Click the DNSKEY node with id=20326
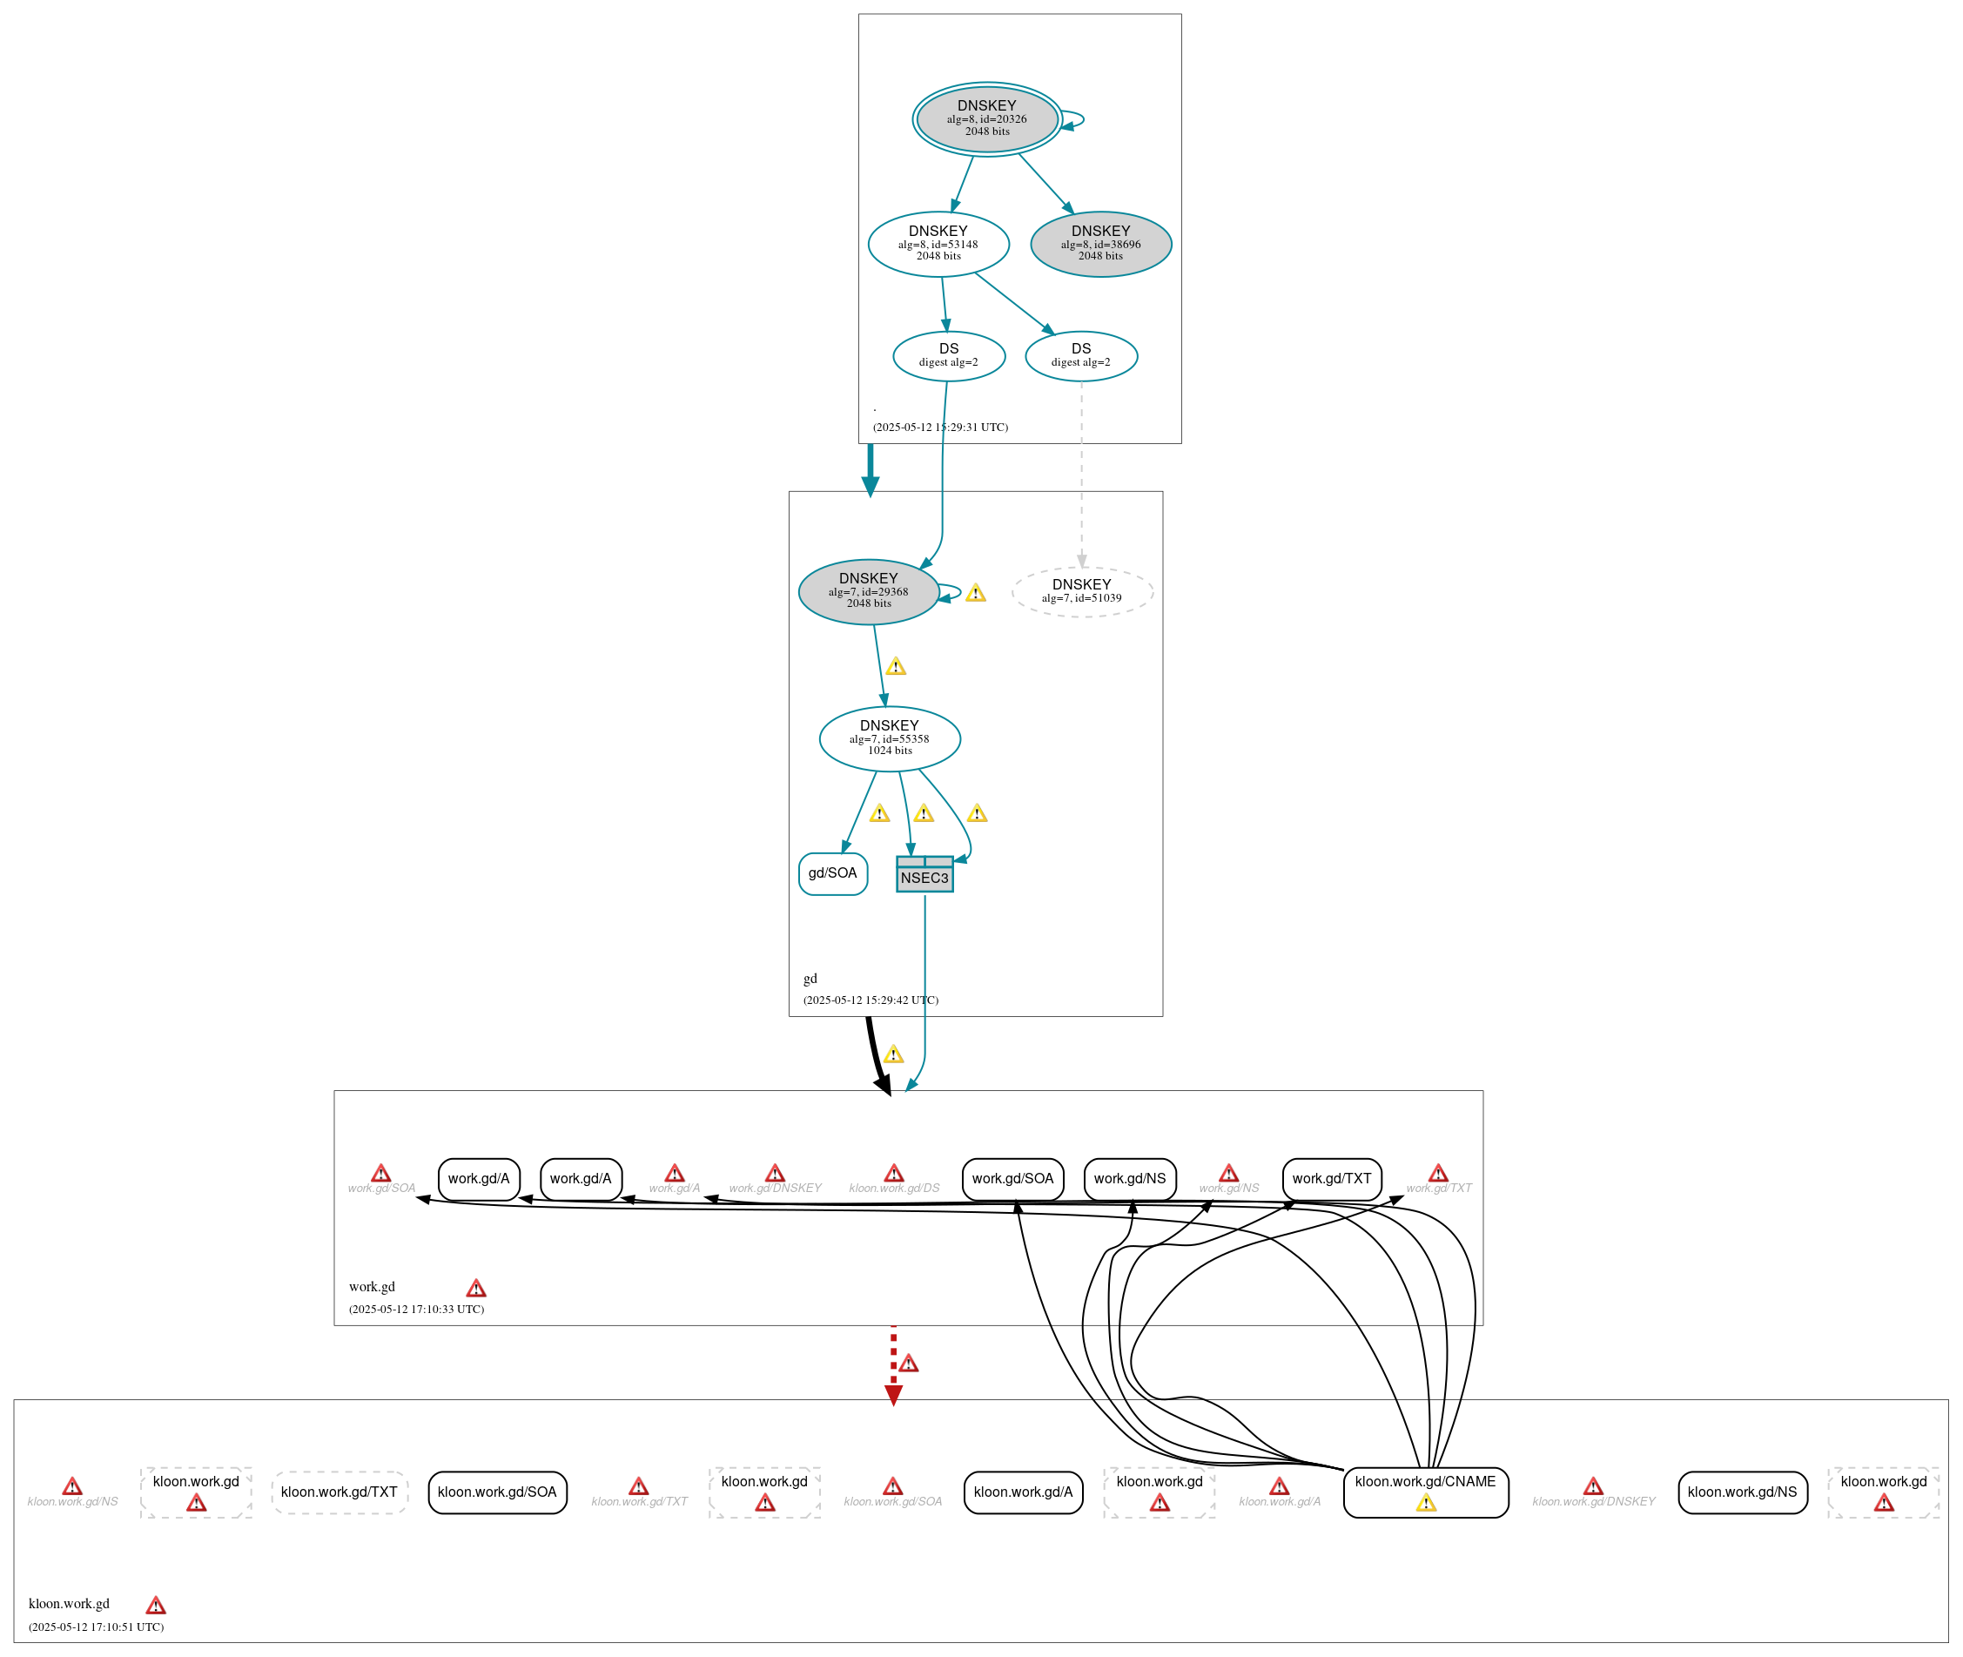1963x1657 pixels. click(986, 119)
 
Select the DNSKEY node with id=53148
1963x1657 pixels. click(938, 244)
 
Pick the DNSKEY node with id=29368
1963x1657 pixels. click(868, 592)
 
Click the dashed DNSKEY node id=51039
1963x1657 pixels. click(1081, 592)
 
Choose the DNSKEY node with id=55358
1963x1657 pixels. click(889, 739)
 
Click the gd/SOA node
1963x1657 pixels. click(832, 873)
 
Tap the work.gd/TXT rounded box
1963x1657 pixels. click(1331, 1179)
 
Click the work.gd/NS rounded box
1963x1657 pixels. click(1129, 1179)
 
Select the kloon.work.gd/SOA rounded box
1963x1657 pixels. click(497, 1492)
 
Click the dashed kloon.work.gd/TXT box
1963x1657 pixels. click(339, 1492)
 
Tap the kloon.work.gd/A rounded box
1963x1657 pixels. click(1023, 1492)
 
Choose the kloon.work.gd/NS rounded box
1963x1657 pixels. click(1741, 1492)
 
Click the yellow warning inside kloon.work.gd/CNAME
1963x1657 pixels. click(1426, 1504)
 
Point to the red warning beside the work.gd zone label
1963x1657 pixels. click(476, 1289)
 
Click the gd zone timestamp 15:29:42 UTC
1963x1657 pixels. click(871, 1000)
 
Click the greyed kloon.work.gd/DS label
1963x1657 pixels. click(894, 1189)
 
